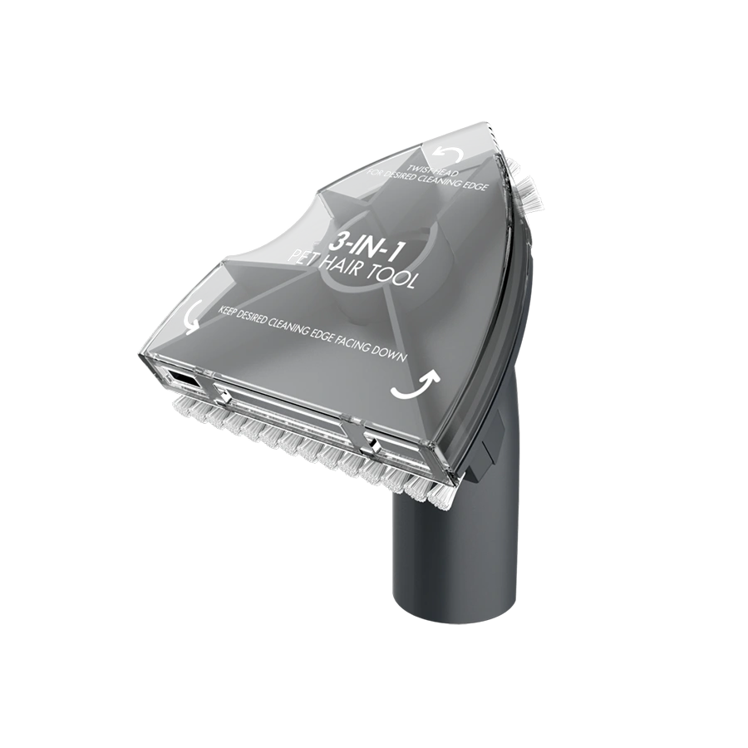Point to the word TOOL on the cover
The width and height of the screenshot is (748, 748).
tap(395, 279)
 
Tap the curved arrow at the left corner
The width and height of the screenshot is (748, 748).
tap(193, 317)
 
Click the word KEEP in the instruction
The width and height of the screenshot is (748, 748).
tap(227, 311)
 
